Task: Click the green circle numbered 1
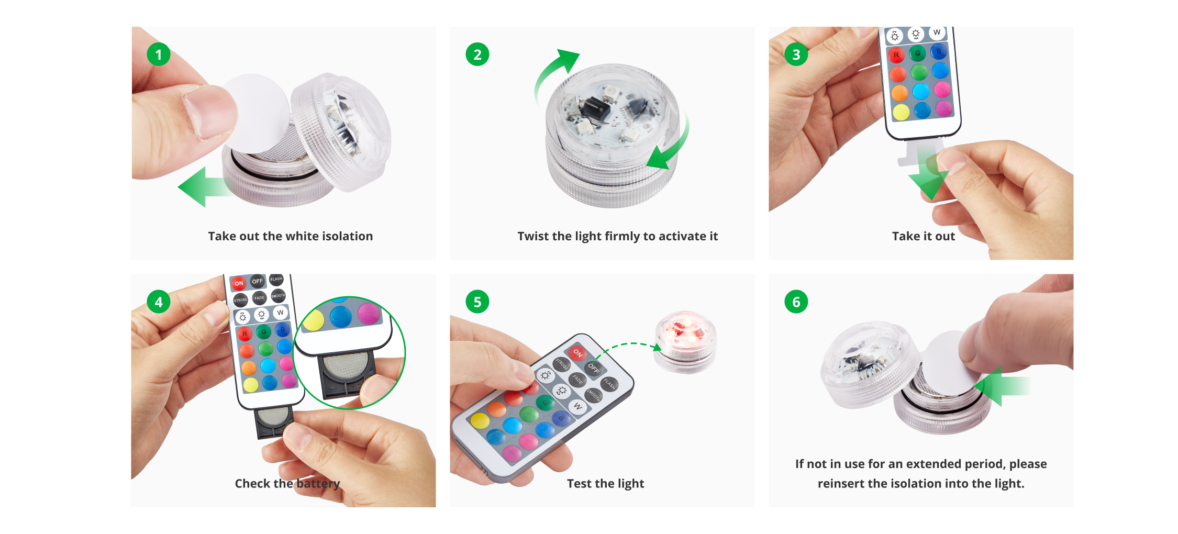158,54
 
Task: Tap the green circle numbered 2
477,54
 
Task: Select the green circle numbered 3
796,54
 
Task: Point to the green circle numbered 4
158,302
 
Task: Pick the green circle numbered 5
477,302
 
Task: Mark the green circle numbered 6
796,302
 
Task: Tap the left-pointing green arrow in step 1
202,187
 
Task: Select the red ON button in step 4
239,283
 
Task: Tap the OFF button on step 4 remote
257,281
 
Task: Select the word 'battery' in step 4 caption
318,483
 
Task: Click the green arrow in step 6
1000,386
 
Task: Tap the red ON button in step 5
577,353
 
